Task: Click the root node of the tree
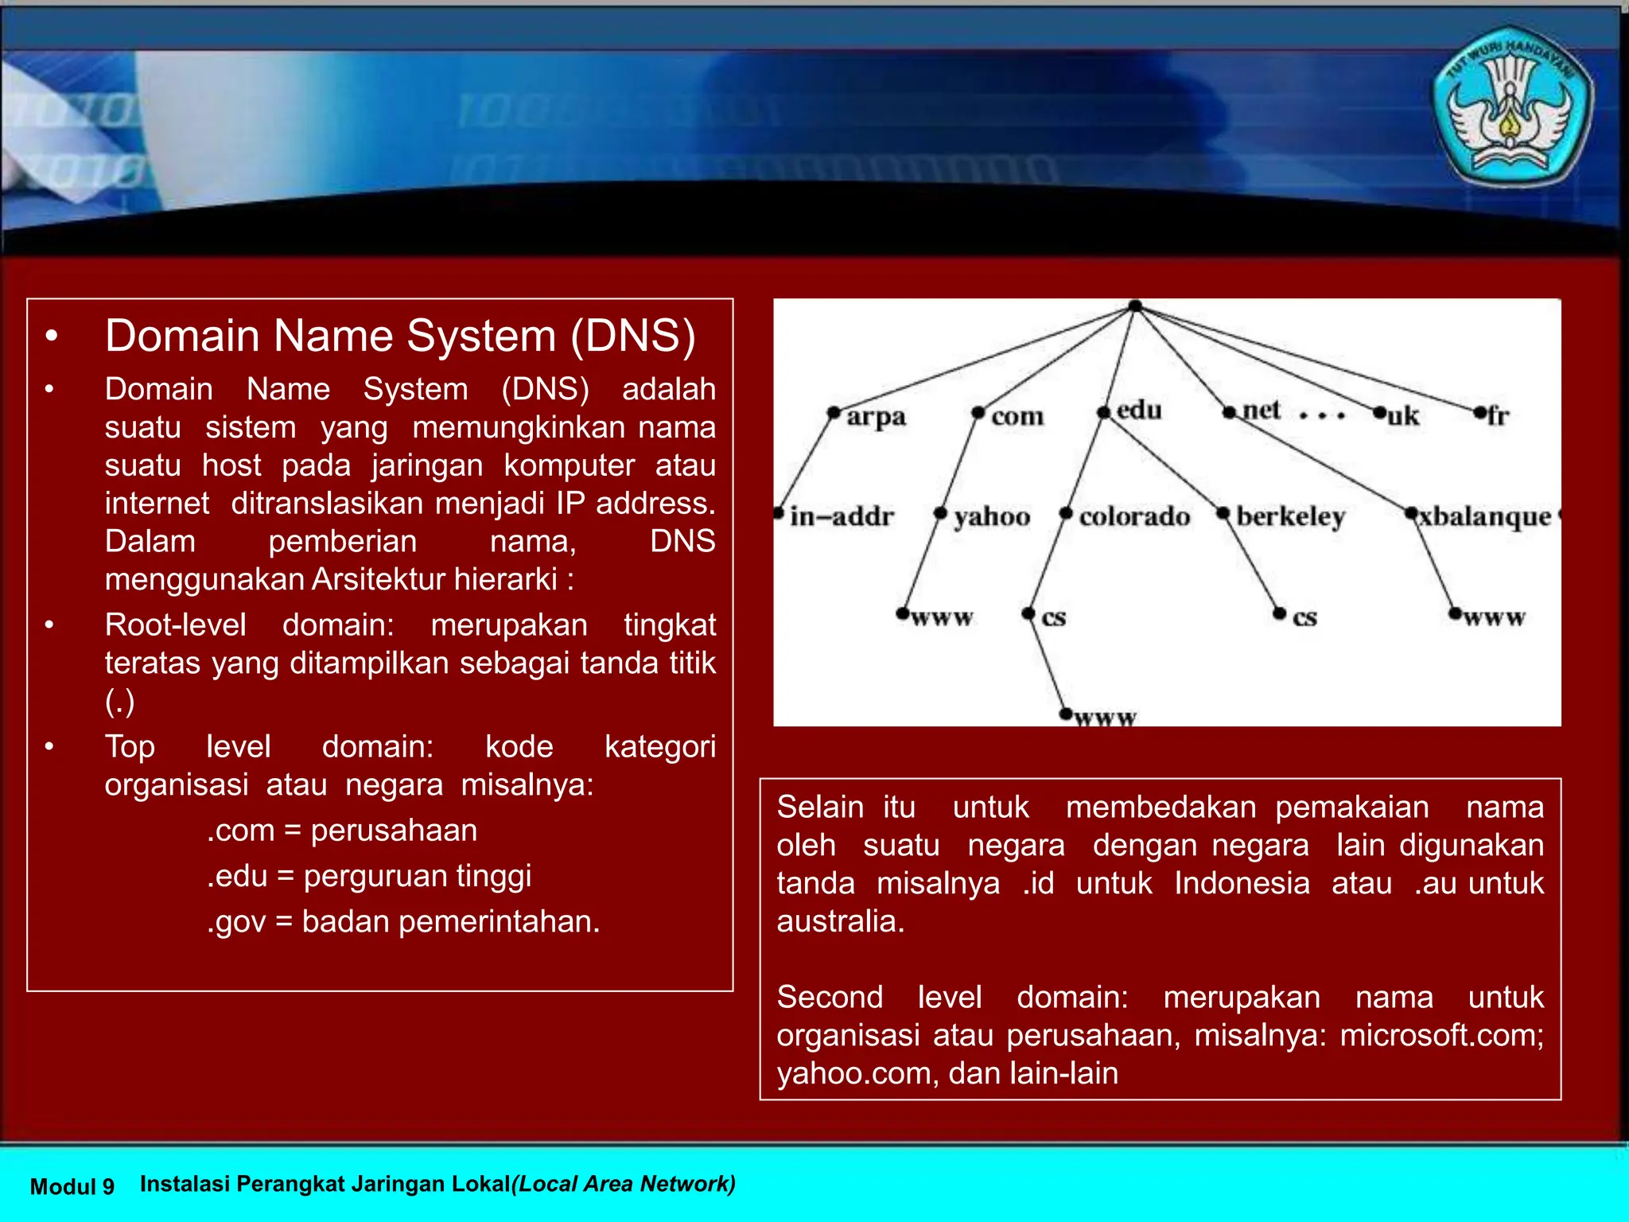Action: pos(1135,306)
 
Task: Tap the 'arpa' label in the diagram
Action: pos(875,416)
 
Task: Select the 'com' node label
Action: pos(1017,416)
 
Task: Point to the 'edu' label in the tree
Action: pos(1138,411)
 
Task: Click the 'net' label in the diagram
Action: pos(1261,411)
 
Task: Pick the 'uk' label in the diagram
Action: pos(1402,416)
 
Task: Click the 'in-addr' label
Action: pos(842,517)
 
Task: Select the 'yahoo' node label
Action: pos(992,517)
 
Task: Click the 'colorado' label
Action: pos(1134,517)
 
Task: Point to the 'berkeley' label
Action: pos(1290,517)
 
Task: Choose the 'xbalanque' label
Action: pos(1485,517)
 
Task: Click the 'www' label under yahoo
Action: pos(942,618)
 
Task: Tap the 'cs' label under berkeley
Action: pos(1304,618)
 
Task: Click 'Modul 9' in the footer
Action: pos(72,1186)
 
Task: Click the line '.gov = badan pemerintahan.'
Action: pos(403,921)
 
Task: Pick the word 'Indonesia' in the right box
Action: pos(1242,883)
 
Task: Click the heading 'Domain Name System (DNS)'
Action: pos(400,336)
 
